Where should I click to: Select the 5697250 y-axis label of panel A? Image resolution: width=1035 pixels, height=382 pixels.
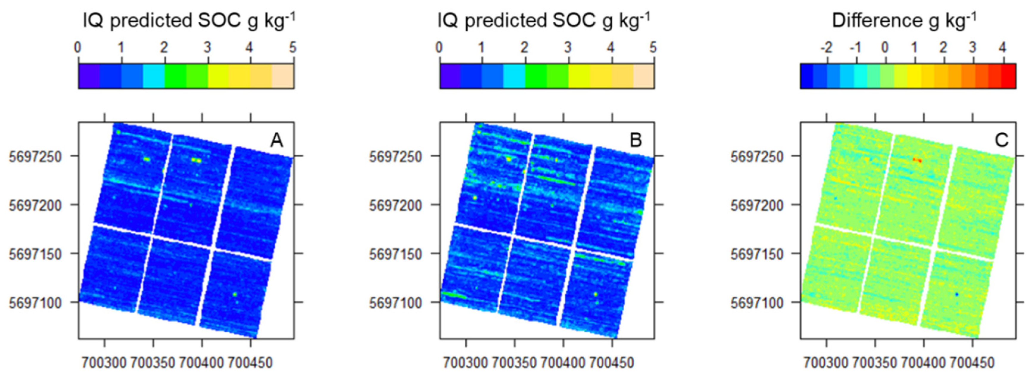pos(35,157)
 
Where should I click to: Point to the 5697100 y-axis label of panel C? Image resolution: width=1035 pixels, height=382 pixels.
pos(757,303)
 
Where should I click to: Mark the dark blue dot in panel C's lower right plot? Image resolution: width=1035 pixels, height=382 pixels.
pos(957,295)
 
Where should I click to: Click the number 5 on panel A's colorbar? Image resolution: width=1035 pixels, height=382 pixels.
pos(293,48)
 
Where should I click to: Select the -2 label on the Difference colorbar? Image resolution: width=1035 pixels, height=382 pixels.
pos(826,48)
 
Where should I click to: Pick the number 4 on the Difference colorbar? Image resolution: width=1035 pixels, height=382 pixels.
pos(1002,48)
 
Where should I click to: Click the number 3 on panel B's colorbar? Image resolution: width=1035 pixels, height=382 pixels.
pos(567,48)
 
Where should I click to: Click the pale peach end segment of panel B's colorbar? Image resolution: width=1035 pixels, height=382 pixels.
pos(644,76)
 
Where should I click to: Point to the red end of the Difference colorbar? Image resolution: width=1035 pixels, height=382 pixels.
pos(1009,76)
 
